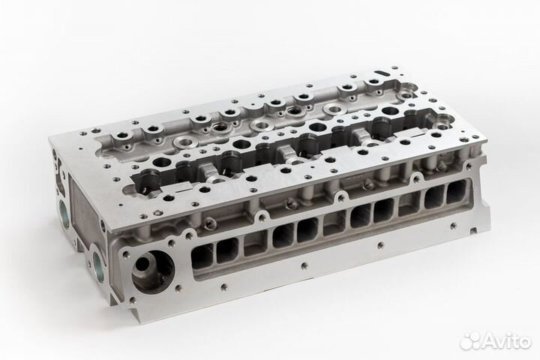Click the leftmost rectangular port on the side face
[x=202, y=257]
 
